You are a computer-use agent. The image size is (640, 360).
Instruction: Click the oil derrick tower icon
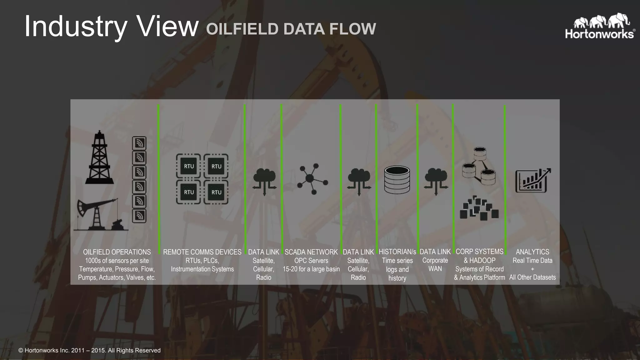pos(99,157)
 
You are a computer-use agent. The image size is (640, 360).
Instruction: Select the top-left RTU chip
pos(188,166)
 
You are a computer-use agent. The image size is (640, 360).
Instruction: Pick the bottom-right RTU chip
pos(216,192)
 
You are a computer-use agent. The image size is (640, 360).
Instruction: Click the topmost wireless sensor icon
pos(139,143)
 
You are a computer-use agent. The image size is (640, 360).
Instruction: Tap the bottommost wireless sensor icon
pos(139,216)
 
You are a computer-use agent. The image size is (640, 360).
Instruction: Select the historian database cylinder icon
pos(397,180)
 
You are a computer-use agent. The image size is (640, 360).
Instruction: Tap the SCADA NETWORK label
pos(311,252)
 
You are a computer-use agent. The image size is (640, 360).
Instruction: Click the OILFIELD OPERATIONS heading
pos(117,252)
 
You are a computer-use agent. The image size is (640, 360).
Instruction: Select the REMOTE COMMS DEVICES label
pos(202,252)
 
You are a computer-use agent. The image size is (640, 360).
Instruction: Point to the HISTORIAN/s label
pos(397,252)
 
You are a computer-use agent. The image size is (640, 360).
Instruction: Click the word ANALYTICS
pos(532,252)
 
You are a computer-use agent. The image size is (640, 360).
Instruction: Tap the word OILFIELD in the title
pos(242,29)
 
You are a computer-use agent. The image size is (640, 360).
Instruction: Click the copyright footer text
pos(89,350)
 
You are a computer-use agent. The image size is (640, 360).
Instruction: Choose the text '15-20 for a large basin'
pos(311,269)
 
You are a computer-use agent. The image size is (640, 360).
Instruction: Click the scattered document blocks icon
pos(479,208)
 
